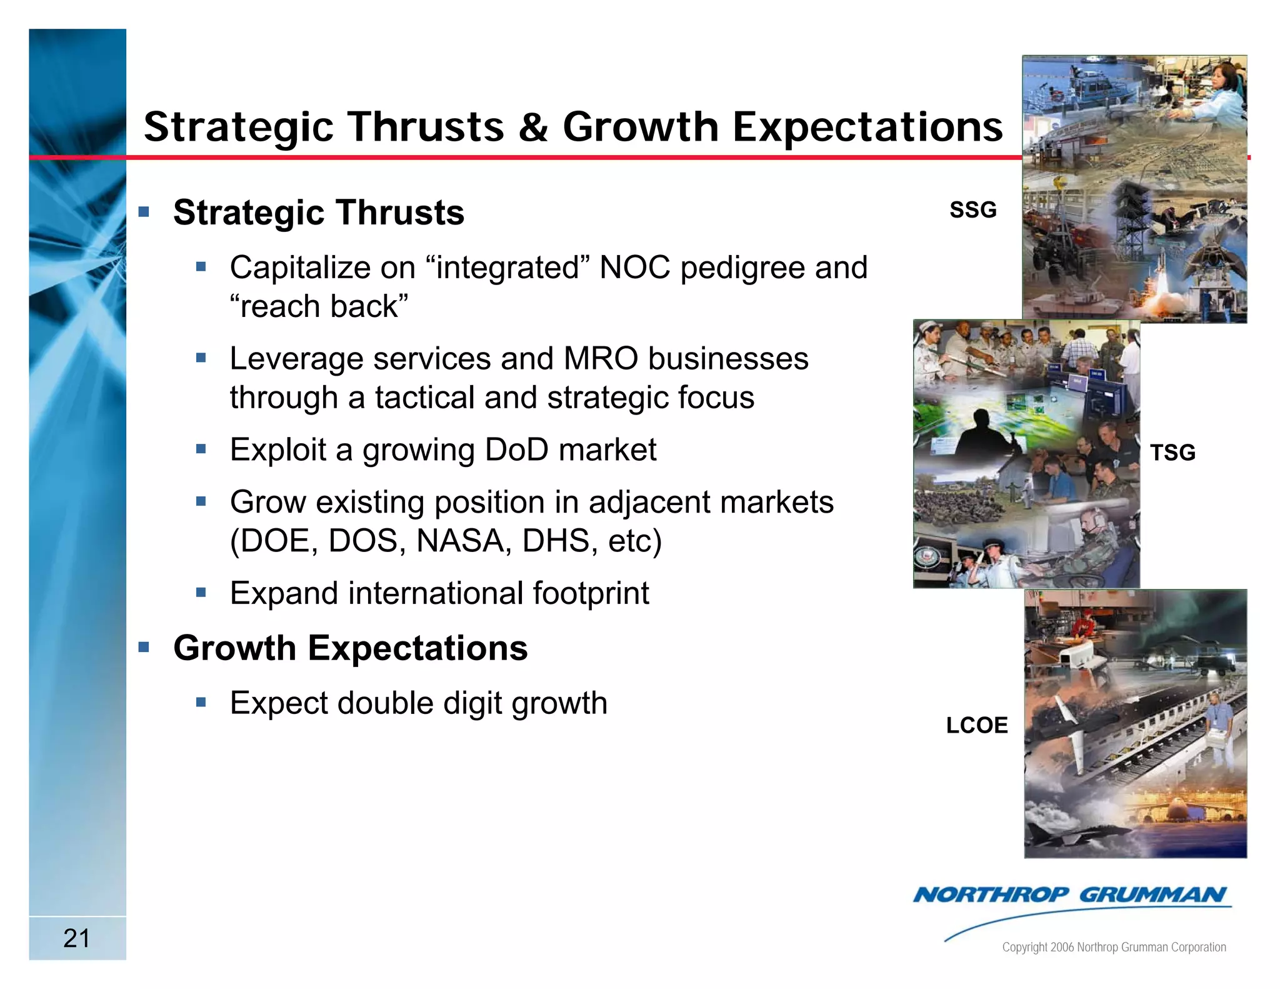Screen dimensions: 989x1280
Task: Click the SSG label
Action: click(x=972, y=210)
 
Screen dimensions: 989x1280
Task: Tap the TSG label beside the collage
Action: click(x=1172, y=453)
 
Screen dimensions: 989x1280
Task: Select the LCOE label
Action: click(x=976, y=725)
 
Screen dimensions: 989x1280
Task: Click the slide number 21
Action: click(x=76, y=938)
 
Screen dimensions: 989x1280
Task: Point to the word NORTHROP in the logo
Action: click(x=991, y=895)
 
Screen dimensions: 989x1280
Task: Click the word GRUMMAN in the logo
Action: click(x=1152, y=895)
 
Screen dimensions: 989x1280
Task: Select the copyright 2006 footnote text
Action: click(x=1114, y=947)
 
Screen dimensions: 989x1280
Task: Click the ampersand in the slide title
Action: click(x=532, y=127)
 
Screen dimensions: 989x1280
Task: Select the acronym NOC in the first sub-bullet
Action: click(x=634, y=268)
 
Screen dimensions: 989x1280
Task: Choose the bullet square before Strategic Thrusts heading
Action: click(x=144, y=212)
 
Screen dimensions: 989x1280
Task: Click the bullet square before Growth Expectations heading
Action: click(x=144, y=647)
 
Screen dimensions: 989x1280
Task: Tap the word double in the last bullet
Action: click(x=386, y=703)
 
